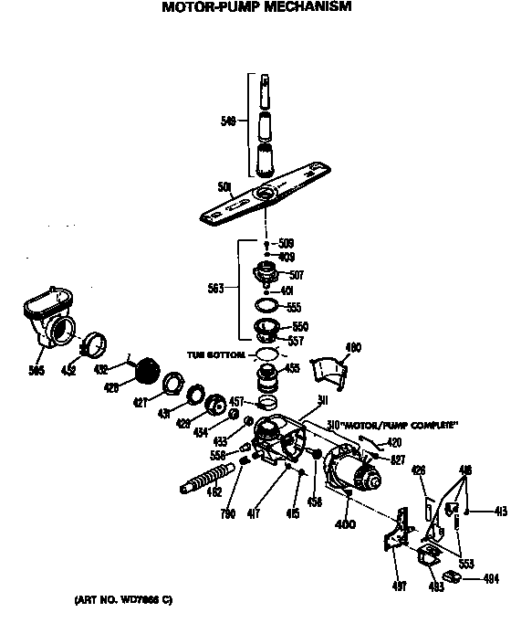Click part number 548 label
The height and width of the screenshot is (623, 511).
coord(229,121)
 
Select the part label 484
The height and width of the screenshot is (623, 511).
coord(491,579)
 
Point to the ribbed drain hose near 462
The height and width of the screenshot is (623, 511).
coord(210,477)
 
